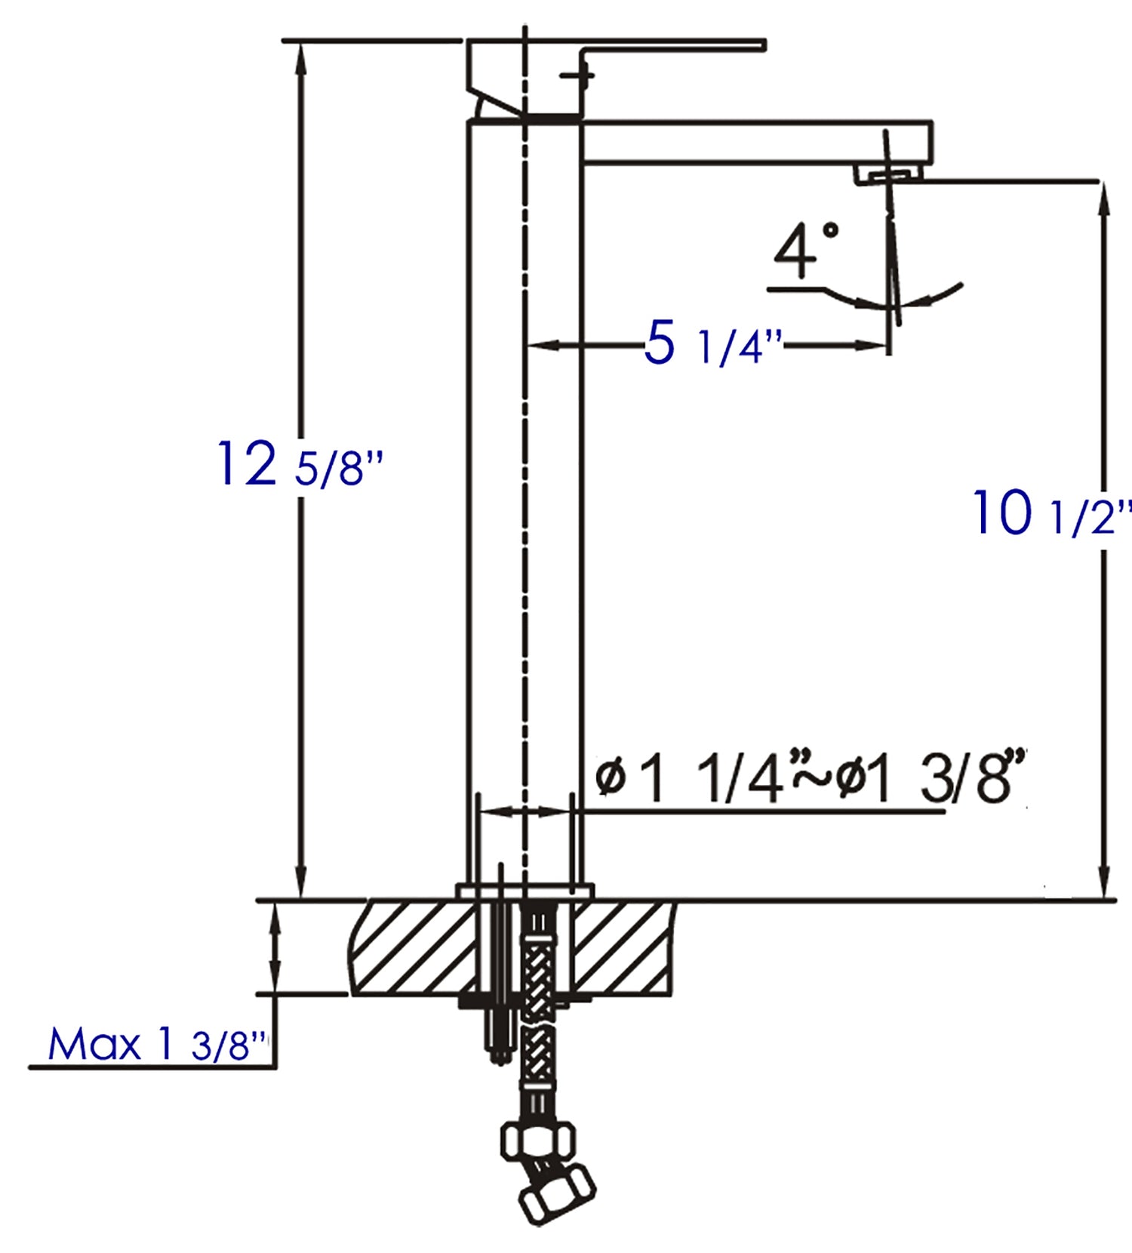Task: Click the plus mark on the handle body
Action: click(579, 75)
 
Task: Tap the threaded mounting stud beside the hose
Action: click(498, 1004)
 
